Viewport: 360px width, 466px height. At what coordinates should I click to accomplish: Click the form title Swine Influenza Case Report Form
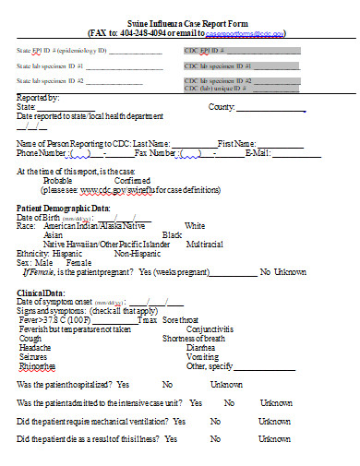click(179, 11)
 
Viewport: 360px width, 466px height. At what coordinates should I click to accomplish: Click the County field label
click(222, 108)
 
